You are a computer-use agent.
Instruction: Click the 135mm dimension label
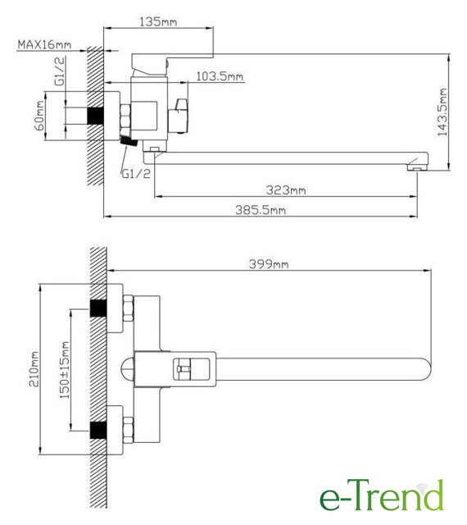[x=158, y=22]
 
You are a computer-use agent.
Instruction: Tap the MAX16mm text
[x=44, y=44]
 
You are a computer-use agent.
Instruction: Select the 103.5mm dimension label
[x=220, y=76]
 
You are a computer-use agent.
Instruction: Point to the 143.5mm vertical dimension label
[x=442, y=112]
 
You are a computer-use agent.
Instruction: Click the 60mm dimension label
[x=39, y=116]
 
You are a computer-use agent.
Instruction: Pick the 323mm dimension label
[x=286, y=190]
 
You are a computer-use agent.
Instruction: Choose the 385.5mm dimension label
[x=261, y=210]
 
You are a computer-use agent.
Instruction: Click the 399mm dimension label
[x=269, y=264]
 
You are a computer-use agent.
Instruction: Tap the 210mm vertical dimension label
[x=34, y=369]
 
